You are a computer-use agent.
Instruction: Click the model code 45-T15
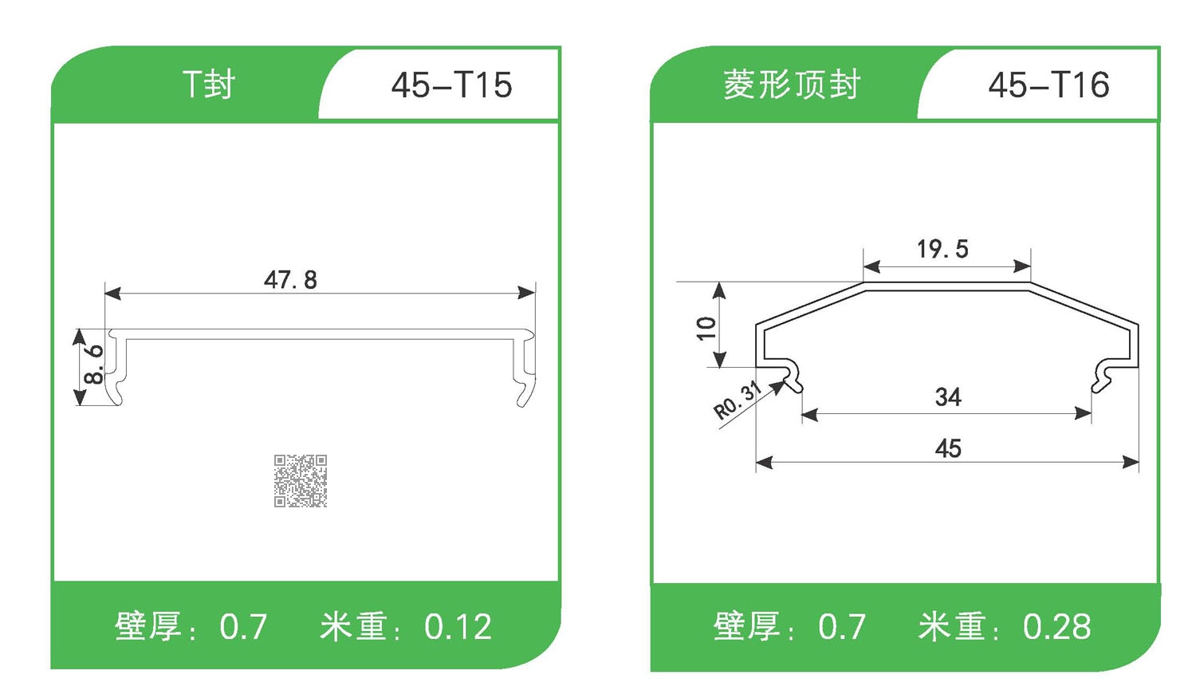[x=452, y=85]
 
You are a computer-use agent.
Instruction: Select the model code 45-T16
[x=1048, y=85]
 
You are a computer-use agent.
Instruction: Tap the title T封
[x=209, y=85]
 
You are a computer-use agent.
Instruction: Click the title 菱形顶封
[x=792, y=85]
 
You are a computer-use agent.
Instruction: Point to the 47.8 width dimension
[x=290, y=280]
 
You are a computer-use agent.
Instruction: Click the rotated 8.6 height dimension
[x=94, y=365]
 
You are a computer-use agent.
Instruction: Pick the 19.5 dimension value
[x=943, y=250]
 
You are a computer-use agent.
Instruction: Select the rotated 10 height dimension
[x=706, y=329]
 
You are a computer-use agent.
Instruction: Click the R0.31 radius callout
[x=738, y=400]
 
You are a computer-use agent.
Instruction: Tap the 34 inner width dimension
[x=948, y=396]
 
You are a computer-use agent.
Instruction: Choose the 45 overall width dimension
[x=948, y=448]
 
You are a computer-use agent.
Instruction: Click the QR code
[x=301, y=481]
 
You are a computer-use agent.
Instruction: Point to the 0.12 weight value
[x=458, y=627]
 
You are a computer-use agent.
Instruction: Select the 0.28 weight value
[x=1056, y=627]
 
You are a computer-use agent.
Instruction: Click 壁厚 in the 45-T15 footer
[x=148, y=626]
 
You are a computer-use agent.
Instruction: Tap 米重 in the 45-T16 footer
[x=952, y=626]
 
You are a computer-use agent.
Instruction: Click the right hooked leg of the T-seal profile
[x=525, y=369]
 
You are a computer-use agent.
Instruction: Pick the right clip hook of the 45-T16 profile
[x=1103, y=376]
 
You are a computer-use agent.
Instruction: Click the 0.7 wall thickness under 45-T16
[x=842, y=627]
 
